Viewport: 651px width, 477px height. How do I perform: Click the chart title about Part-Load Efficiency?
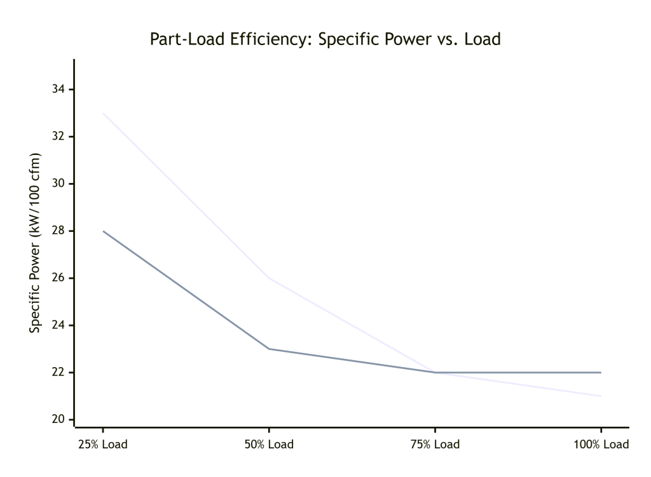(325, 39)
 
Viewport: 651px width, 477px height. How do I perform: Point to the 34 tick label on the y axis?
(58, 90)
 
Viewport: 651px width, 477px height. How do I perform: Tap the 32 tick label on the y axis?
(58, 137)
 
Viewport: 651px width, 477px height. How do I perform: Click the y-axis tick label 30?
(58, 184)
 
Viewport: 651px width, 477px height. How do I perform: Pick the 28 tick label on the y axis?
(58, 231)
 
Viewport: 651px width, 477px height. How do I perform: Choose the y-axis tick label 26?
(58, 278)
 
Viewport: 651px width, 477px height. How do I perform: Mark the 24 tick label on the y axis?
(58, 325)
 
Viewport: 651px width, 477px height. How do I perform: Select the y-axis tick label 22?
(58, 372)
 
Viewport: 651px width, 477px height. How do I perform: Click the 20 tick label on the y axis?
(58, 419)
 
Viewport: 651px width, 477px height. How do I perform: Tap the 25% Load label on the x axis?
(103, 444)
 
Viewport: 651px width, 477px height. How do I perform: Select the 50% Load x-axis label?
(269, 444)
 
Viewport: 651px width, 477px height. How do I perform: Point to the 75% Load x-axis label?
(435, 444)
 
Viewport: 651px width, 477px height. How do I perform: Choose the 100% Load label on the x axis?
(601, 444)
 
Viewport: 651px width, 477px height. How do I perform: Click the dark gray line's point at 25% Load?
(103, 231)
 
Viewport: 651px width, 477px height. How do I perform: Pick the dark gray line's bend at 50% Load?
(269, 349)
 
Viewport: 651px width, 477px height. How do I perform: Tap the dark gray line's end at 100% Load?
(601, 372)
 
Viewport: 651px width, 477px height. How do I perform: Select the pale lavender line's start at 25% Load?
(103, 113)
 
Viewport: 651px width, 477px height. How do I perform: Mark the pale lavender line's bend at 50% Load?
(269, 278)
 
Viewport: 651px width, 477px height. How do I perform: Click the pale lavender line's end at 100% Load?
(601, 396)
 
